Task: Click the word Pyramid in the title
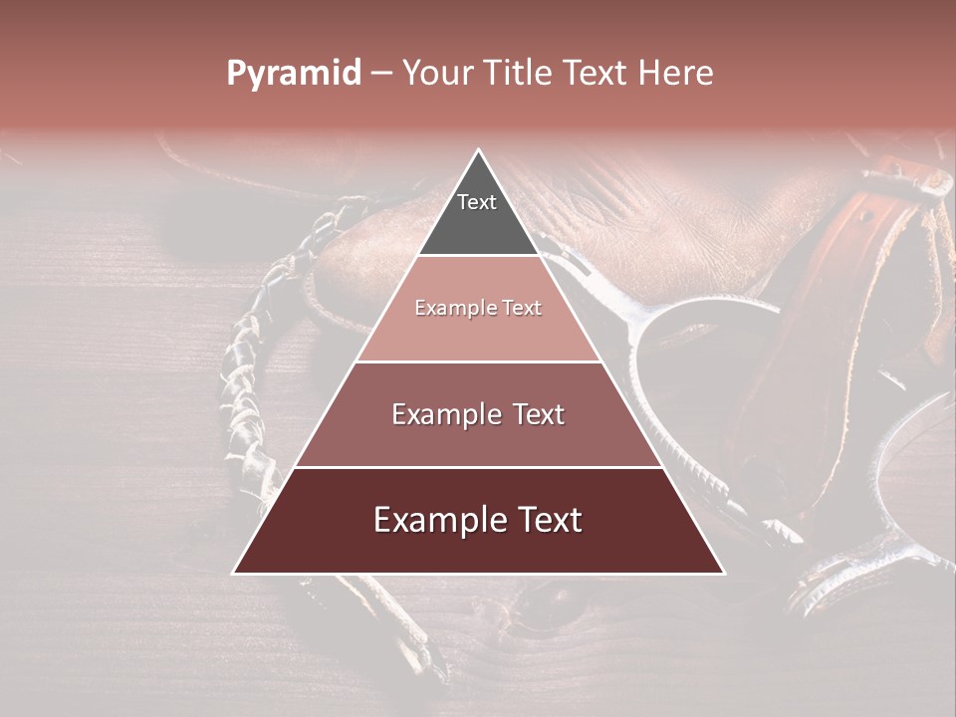coord(293,74)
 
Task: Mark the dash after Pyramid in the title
coord(381,74)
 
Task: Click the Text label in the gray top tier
coord(477,202)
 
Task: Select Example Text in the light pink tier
coord(478,308)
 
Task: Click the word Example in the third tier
coord(445,414)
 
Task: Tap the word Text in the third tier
coord(538,414)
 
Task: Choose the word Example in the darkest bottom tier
coord(435,520)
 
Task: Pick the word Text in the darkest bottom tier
coord(548,520)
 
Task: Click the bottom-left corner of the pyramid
coord(235,572)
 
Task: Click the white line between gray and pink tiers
coord(479,256)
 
